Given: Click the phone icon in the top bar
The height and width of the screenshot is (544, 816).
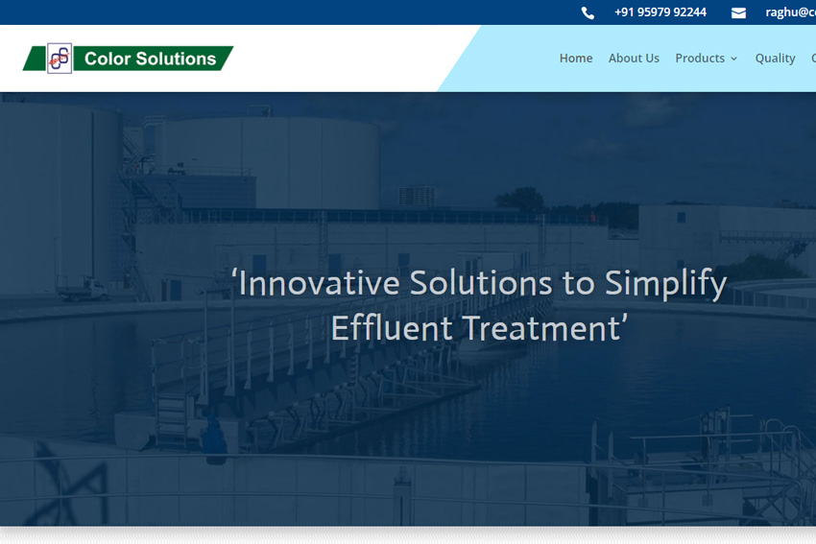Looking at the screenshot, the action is click(x=588, y=13).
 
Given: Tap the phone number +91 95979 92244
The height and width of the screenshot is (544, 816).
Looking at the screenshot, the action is click(x=660, y=12).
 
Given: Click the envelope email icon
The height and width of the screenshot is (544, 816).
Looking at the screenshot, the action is click(x=738, y=13).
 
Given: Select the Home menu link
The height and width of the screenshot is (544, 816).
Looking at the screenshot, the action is click(x=576, y=59).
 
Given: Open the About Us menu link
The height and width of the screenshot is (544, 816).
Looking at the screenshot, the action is click(x=634, y=59).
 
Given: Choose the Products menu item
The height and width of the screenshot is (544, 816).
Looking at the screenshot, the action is click(x=700, y=59).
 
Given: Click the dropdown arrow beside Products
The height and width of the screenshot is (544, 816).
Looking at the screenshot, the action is click(x=733, y=59).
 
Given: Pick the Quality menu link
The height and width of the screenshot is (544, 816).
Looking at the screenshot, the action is click(x=775, y=59).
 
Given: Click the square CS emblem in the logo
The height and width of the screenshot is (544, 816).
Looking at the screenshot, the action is click(x=60, y=59).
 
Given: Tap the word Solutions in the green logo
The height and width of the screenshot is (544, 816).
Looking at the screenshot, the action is click(x=176, y=59).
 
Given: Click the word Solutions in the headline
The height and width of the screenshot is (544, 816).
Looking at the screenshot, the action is click(x=481, y=283).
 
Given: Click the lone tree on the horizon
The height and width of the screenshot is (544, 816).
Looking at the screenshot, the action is click(x=520, y=200).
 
